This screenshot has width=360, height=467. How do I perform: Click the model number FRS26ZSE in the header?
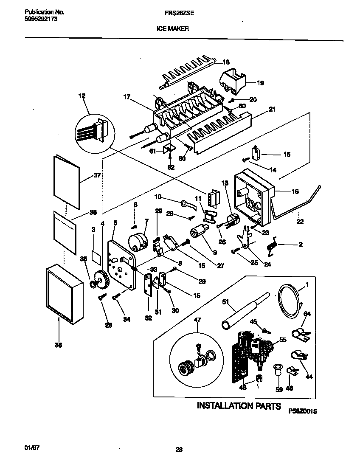click(180, 13)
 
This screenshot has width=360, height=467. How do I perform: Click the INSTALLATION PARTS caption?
click(239, 406)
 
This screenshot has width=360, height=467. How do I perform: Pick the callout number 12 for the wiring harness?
click(82, 96)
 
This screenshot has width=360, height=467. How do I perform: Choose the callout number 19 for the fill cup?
click(260, 83)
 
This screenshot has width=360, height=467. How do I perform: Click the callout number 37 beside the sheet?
click(97, 176)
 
